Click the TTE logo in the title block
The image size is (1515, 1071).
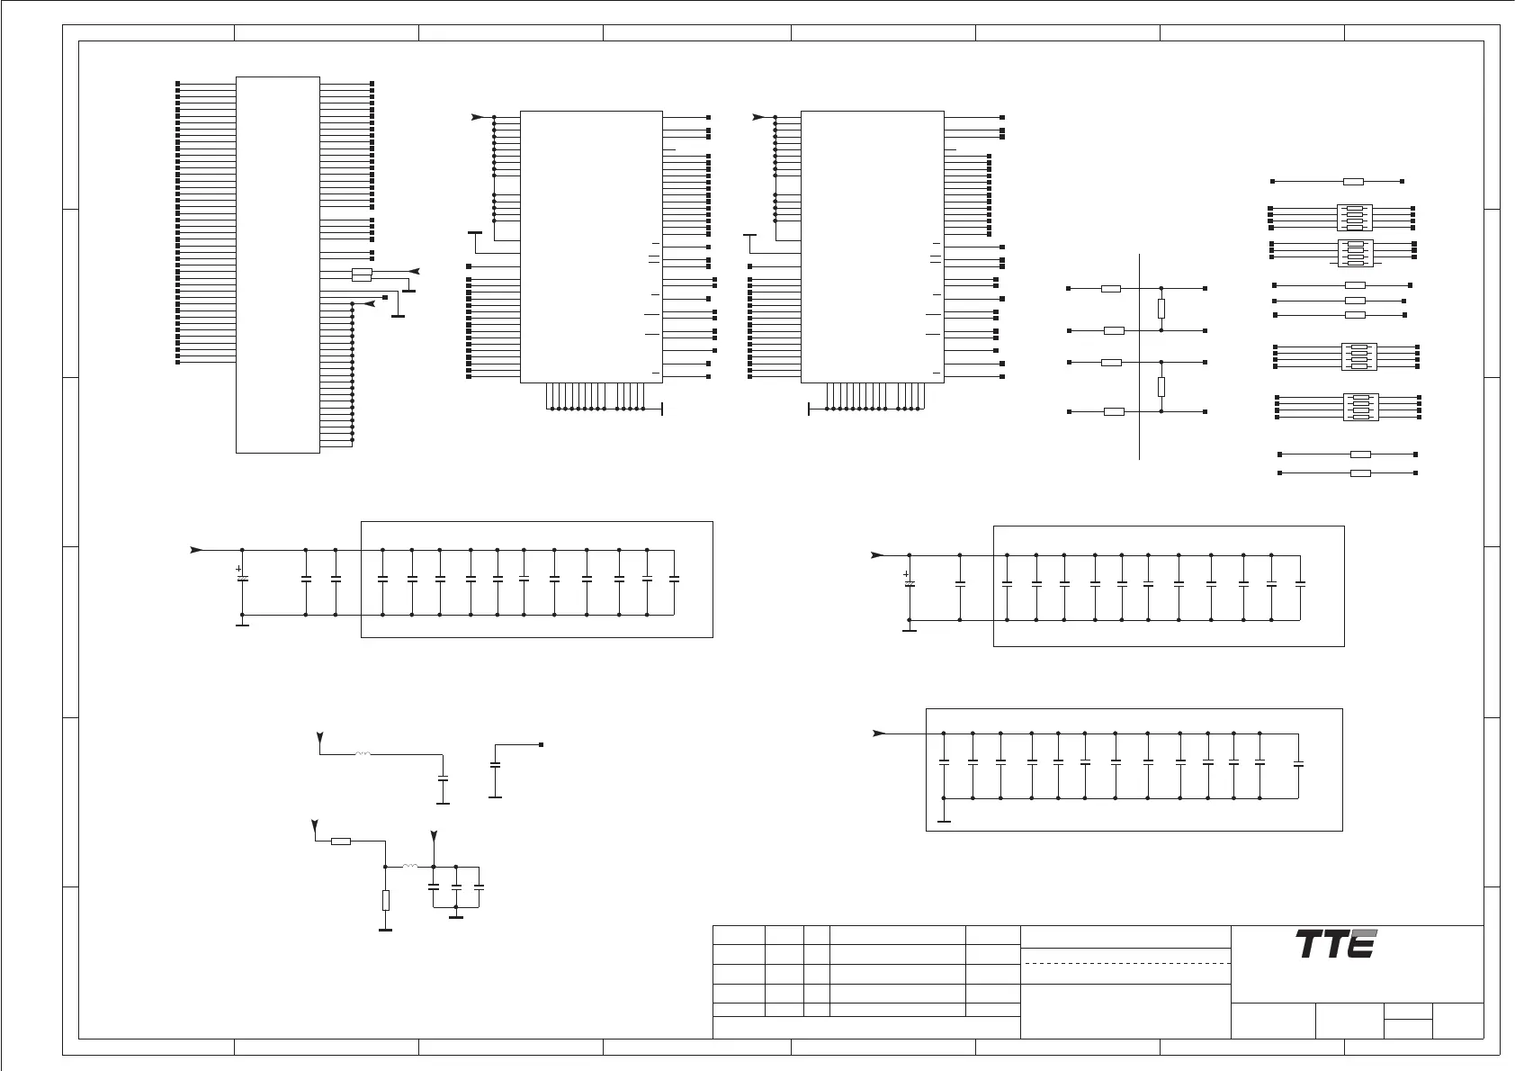(1336, 944)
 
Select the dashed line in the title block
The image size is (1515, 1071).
(1126, 963)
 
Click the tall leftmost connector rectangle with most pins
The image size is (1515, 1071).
(277, 265)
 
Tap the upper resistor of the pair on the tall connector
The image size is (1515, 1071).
(362, 270)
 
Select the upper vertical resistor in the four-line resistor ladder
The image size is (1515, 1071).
(1161, 309)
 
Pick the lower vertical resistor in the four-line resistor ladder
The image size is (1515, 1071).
(1161, 387)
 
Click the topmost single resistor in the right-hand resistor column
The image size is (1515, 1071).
(1353, 181)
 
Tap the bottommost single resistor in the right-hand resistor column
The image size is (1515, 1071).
(1360, 472)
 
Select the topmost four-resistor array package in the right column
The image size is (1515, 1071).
(1353, 218)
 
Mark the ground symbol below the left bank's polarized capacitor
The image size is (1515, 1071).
(241, 623)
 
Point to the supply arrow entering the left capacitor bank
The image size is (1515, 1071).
(197, 549)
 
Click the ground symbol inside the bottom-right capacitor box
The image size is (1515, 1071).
(944, 820)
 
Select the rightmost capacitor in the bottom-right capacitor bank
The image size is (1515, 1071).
(1297, 765)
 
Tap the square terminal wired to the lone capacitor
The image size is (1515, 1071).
(541, 744)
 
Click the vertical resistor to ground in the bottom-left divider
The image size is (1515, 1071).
(386, 900)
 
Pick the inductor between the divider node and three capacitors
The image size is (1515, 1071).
(409, 866)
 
